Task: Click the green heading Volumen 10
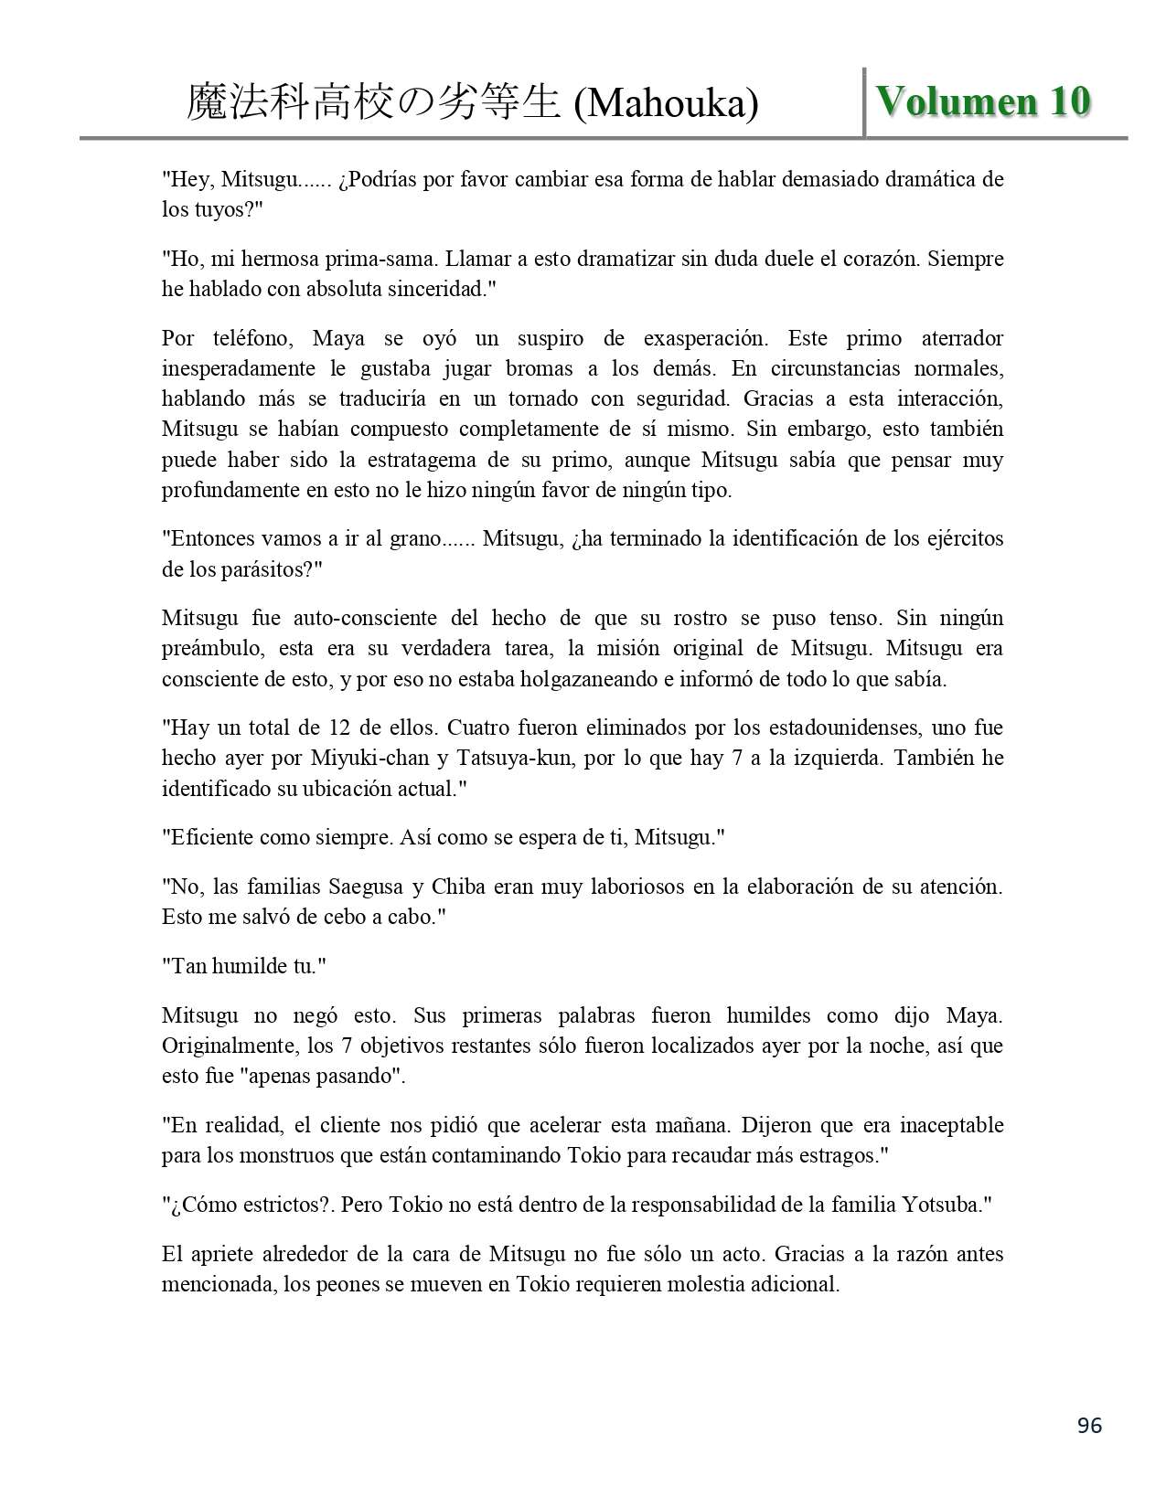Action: [x=983, y=101]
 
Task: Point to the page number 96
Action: [x=1089, y=1425]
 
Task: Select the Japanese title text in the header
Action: [x=372, y=103]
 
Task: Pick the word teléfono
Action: [x=253, y=338]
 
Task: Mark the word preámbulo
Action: [x=208, y=649]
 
